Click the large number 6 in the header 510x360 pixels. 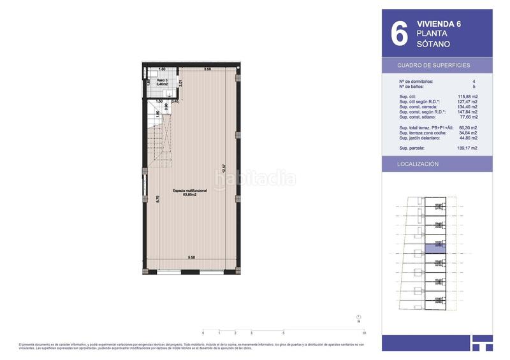pyautogui.click(x=398, y=34)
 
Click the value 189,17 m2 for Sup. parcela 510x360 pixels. pyautogui.click(x=468, y=148)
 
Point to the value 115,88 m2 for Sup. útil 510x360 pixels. pyautogui.click(x=468, y=96)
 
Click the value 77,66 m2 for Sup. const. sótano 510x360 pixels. pyautogui.click(x=469, y=117)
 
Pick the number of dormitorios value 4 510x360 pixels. pyautogui.click(x=474, y=82)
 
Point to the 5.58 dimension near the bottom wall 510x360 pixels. pyautogui.click(x=191, y=257)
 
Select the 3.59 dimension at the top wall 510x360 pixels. pyautogui.click(x=208, y=69)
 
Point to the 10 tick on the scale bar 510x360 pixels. pyautogui.click(x=363, y=333)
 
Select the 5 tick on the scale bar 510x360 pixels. pyautogui.click(x=283, y=333)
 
